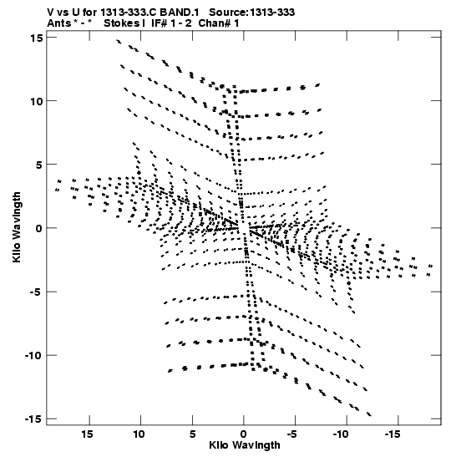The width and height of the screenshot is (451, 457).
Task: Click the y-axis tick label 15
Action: tap(36, 38)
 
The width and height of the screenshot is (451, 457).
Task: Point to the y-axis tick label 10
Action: tap(36, 101)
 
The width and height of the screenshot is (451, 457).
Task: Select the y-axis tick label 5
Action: tap(39, 165)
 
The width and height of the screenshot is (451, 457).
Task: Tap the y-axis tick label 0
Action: tap(39, 228)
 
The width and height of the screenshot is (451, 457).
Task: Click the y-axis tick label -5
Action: tap(37, 292)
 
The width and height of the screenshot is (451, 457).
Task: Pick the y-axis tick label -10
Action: tap(33, 356)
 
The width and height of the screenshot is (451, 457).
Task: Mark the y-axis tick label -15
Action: tap(33, 419)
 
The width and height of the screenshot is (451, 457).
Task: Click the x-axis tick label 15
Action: tap(88, 434)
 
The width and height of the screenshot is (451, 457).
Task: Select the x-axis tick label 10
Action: tap(139, 434)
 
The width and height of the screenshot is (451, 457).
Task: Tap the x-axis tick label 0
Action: tap(244, 434)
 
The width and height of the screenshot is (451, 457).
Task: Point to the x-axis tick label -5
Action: tap(292, 434)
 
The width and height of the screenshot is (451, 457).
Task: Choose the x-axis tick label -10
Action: tap(341, 434)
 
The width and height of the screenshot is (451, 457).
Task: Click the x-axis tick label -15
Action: tap(393, 434)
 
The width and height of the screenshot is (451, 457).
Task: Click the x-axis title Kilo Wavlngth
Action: tap(245, 445)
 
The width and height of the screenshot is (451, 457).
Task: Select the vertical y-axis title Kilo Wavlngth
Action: tap(17, 227)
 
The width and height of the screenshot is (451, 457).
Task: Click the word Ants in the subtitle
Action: tap(59, 23)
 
